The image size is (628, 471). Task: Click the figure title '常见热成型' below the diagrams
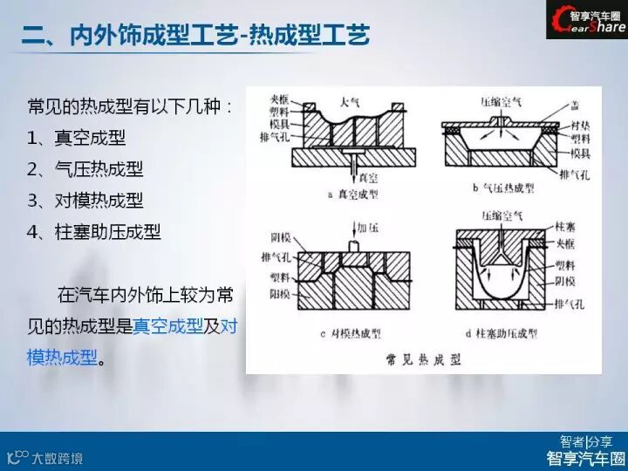(424, 358)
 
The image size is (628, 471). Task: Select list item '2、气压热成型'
(85, 168)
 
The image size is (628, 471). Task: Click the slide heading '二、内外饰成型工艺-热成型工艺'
(195, 35)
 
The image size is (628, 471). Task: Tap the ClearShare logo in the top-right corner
(586, 20)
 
